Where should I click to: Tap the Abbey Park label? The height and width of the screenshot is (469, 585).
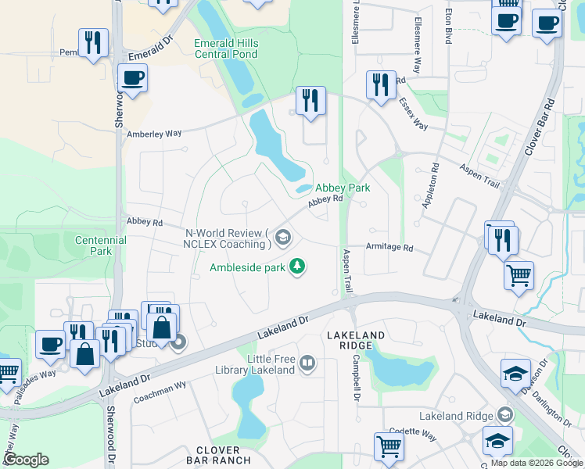click(x=343, y=188)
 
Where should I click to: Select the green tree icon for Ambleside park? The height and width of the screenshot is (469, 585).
click(x=296, y=267)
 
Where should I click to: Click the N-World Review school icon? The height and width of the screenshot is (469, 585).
click(x=283, y=237)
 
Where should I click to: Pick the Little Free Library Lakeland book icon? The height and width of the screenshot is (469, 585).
click(x=307, y=363)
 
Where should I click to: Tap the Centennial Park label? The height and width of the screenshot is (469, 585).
click(x=100, y=245)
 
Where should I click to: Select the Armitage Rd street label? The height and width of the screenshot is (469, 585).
click(x=389, y=247)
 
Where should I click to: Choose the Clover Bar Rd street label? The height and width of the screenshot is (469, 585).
click(x=540, y=125)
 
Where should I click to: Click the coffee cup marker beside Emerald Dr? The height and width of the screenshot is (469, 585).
click(x=132, y=78)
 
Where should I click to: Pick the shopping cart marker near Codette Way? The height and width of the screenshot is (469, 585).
click(x=389, y=446)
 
